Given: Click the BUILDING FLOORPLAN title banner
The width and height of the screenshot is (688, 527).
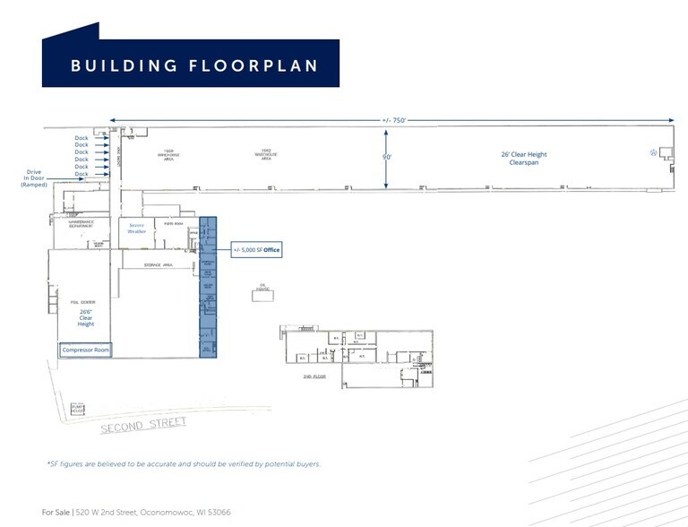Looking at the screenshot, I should click(x=191, y=65).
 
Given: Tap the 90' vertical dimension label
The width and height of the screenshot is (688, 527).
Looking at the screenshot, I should click(x=387, y=158).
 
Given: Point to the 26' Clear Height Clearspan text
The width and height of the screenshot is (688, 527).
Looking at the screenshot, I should click(x=522, y=158).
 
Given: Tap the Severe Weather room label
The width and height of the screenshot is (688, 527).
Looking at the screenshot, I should click(x=136, y=228).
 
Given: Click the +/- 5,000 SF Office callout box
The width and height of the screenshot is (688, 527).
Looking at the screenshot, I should click(x=257, y=249).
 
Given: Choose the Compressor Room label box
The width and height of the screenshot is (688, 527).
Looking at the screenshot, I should click(x=86, y=350).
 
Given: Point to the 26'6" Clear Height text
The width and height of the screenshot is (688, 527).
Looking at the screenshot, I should click(x=86, y=318).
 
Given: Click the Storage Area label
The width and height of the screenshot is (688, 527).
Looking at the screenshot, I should click(x=158, y=265).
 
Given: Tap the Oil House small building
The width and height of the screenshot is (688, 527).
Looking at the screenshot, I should click(x=263, y=289).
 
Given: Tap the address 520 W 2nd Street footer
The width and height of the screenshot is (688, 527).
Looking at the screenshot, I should click(x=136, y=512).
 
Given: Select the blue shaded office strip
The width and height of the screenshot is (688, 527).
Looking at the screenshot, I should click(x=208, y=287).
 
